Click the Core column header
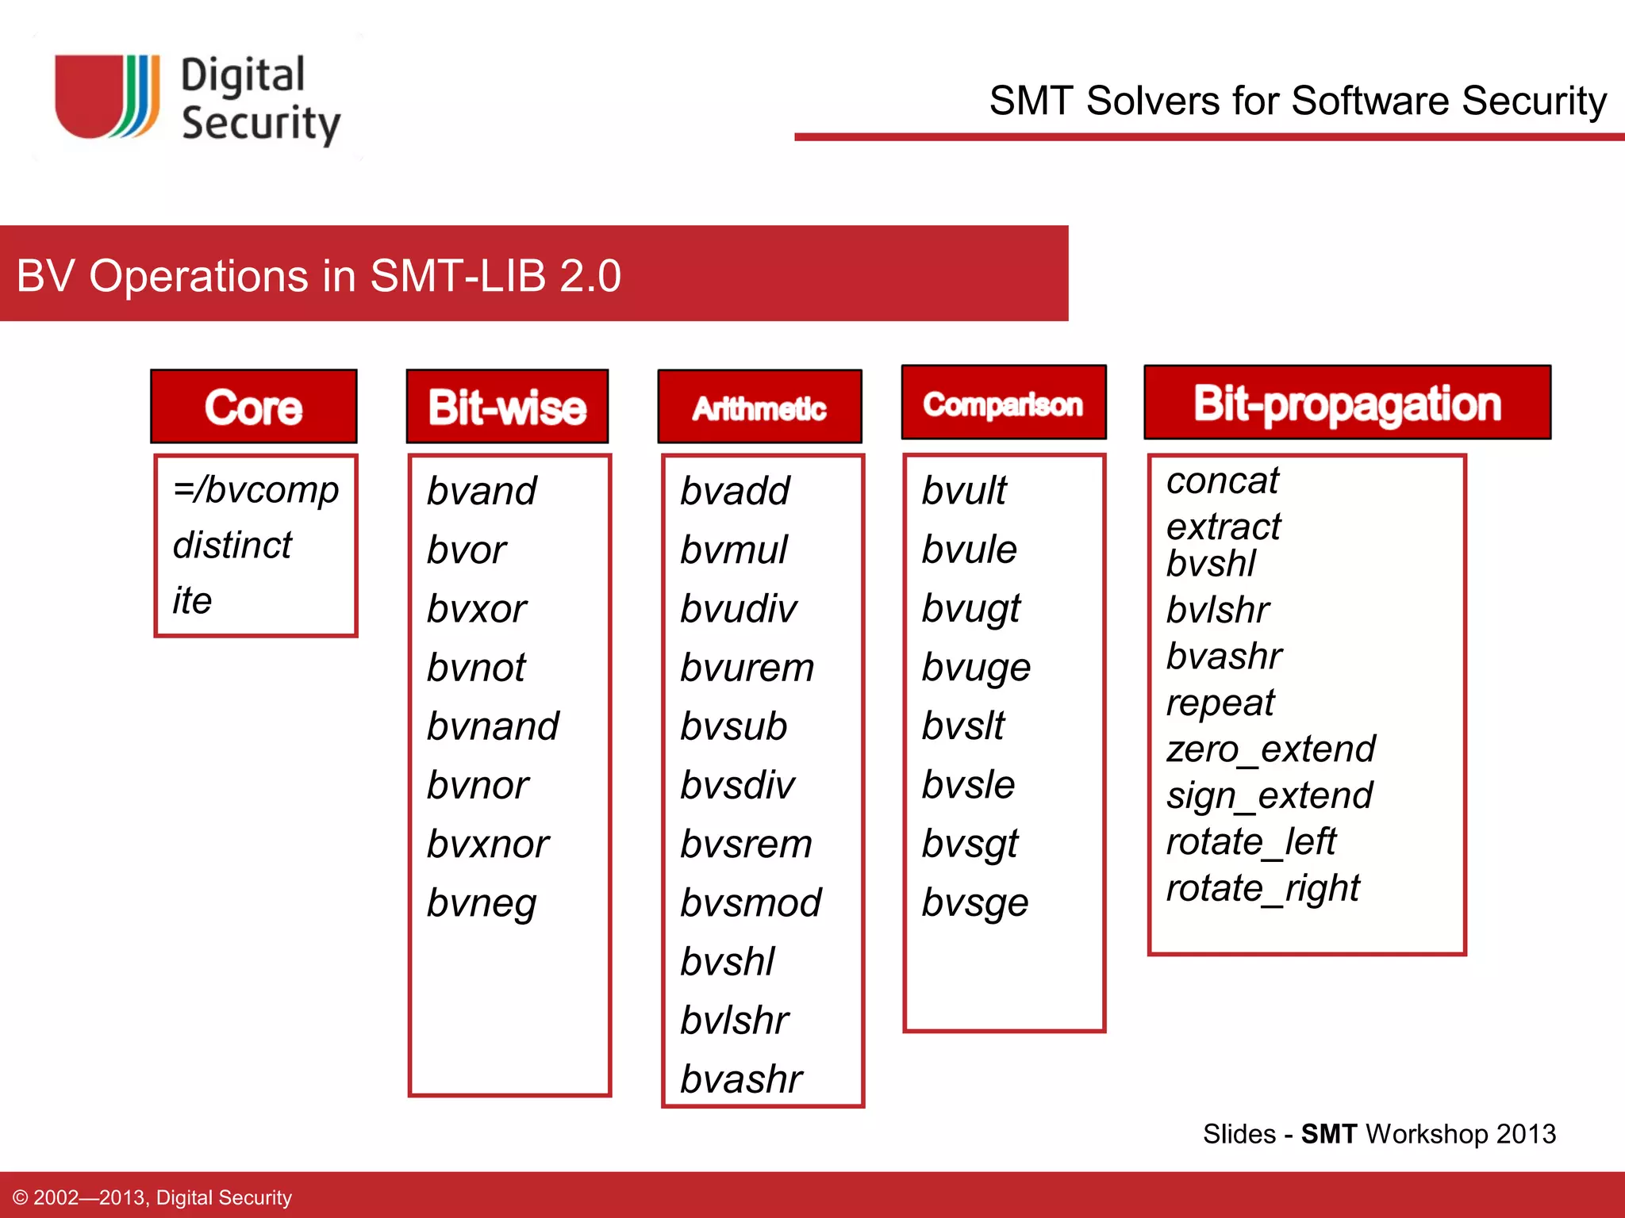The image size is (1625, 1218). pyautogui.click(x=254, y=407)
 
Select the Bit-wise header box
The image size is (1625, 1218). pyautogui.click(x=507, y=407)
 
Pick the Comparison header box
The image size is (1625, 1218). pyautogui.click(x=1003, y=404)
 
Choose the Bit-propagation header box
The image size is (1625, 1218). pyautogui.click(x=1346, y=403)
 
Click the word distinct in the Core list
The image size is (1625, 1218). pyautogui.click(x=232, y=546)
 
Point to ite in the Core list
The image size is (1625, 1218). pyautogui.click(x=192, y=600)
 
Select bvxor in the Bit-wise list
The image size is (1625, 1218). pyautogui.click(x=476, y=609)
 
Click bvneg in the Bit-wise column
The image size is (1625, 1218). pyautogui.click(x=482, y=903)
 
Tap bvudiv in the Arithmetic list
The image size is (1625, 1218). pyautogui.click(x=738, y=609)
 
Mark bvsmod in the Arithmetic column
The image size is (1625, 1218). pyautogui.click(x=750, y=903)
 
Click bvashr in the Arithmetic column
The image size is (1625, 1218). pyautogui.click(x=741, y=1079)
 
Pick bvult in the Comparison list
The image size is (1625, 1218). pyautogui.click(x=963, y=490)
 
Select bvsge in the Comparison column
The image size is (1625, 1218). pyautogui.click(x=974, y=903)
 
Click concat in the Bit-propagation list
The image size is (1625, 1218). pyautogui.click(x=1222, y=481)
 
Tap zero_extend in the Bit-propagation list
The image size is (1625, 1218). pyautogui.click(x=1270, y=749)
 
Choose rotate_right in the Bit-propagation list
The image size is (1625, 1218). pyautogui.click(x=1262, y=888)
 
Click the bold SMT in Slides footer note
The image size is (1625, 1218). pyautogui.click(x=1329, y=1134)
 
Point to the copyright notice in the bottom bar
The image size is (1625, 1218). pyautogui.click(x=152, y=1197)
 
